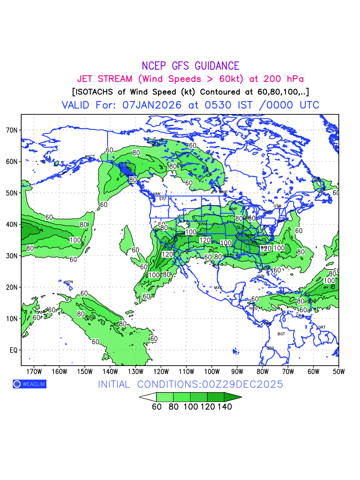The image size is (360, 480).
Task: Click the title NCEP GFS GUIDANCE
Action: pos(190,66)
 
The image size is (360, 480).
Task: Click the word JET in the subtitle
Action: pos(86,79)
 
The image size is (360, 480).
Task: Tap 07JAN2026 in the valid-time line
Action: pos(152,105)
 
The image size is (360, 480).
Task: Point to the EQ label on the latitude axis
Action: pos(14,350)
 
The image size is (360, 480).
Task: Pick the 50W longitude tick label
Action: pos(339,371)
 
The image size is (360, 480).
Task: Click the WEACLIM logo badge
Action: pos(30,384)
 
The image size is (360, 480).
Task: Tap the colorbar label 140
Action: pos(224,407)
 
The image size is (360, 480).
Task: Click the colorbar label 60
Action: pos(156,407)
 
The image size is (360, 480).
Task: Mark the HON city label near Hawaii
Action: pos(69,282)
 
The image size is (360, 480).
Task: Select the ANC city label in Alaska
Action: pos(89,156)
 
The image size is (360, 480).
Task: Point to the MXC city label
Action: pos(218,288)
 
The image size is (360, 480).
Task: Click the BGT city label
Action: pos(281,334)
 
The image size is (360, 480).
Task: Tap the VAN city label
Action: pos(157,194)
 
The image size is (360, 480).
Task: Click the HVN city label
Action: pos(260,276)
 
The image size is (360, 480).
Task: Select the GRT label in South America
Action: pos(322,327)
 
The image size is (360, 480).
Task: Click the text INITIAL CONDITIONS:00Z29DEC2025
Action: pos(190,384)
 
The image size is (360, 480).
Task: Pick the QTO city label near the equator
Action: pos(270,348)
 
